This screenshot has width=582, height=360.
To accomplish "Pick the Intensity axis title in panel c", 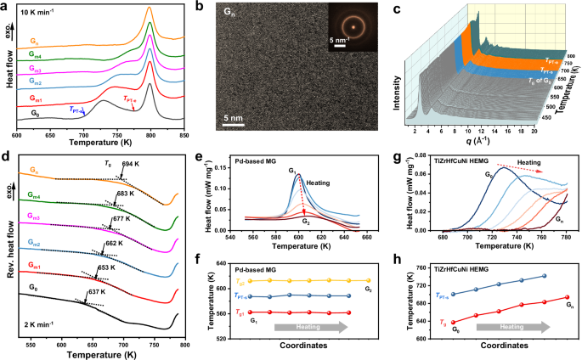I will pos(398,84).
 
